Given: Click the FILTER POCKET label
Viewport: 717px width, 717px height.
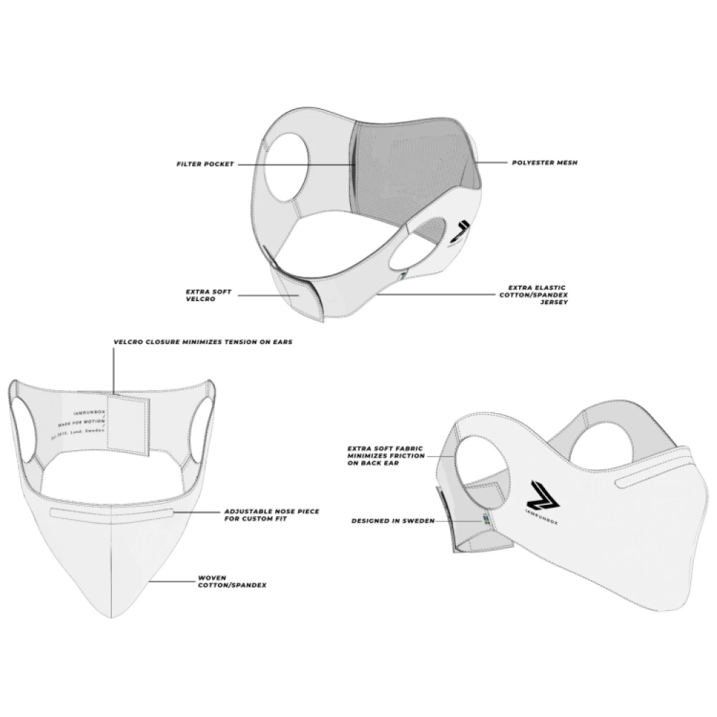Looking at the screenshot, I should coord(205,164).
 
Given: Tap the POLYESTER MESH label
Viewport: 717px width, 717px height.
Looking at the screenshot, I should coord(544,163).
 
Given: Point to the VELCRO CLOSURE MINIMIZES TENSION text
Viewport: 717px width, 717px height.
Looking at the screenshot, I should coord(203,342).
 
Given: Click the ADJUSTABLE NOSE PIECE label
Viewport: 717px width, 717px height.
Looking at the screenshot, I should coord(272,515).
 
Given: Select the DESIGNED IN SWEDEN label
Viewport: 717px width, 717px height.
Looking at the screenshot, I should coord(393,521).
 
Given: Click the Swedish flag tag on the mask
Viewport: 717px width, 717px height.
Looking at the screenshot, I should coord(485,521).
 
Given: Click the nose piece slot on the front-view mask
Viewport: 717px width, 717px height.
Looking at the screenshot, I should coord(113,513).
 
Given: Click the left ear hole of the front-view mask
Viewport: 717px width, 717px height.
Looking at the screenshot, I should coord(24,430).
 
